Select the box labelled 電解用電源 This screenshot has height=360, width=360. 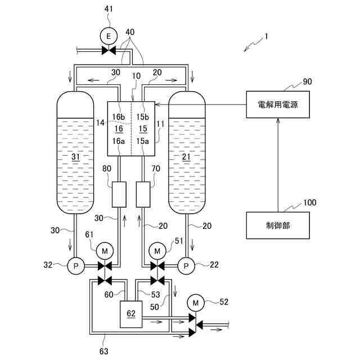[278, 104]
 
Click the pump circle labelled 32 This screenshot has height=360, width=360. [75, 265]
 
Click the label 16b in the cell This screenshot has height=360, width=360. [118, 117]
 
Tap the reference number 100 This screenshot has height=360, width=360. [309, 201]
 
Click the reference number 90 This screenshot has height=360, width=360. [307, 81]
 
